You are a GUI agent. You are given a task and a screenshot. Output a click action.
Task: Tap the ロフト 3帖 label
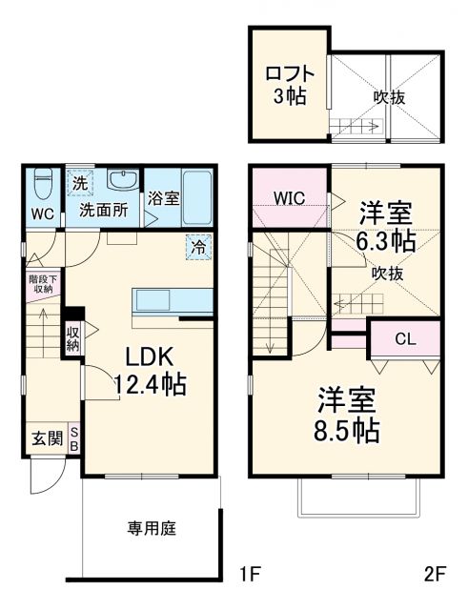click(286, 84)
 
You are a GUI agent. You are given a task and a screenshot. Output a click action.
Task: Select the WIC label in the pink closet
click(289, 197)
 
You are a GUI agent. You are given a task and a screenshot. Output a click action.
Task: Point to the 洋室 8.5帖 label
click(347, 414)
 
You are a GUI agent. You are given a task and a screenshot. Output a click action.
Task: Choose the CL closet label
click(405, 336)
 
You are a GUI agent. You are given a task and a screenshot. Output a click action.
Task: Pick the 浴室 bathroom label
click(163, 199)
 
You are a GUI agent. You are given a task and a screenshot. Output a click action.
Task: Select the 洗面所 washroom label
click(102, 210)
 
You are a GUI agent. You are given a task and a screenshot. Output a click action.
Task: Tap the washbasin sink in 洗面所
click(121, 180)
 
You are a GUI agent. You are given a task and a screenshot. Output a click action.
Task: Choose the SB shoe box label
click(75, 440)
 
